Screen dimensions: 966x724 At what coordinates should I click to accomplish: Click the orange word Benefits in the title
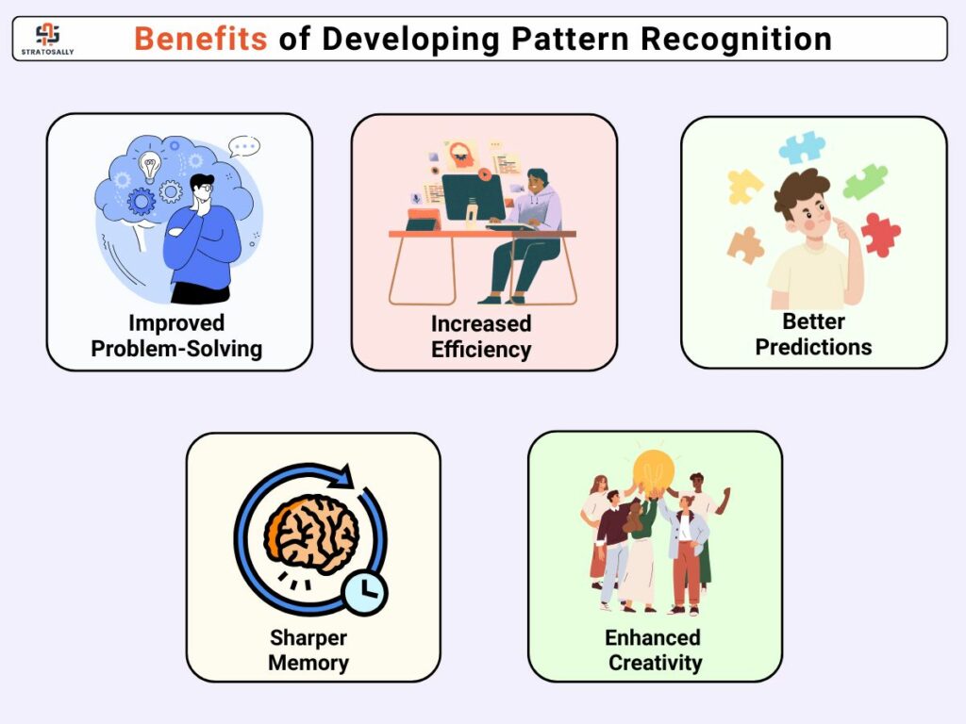tap(200, 39)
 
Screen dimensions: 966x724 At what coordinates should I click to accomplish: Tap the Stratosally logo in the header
tap(47, 39)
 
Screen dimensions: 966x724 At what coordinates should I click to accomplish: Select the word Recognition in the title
tap(736, 40)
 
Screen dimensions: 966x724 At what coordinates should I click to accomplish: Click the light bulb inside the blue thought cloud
tap(149, 166)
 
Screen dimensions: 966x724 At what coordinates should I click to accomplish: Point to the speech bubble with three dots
tap(244, 146)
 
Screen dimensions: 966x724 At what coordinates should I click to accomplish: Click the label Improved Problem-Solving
tap(176, 336)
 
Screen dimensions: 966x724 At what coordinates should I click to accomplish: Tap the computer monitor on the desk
tap(474, 198)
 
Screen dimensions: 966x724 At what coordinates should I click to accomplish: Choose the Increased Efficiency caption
tap(481, 337)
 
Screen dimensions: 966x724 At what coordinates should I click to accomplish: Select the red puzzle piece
tap(880, 234)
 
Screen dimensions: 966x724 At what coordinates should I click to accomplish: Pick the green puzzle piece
tap(866, 182)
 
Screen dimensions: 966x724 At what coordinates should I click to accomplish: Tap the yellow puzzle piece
tap(744, 187)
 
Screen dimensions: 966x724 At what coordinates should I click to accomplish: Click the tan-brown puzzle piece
tap(745, 245)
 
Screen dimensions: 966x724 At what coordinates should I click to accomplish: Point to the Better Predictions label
tap(814, 335)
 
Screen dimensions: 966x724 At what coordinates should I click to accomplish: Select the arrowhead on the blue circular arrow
tap(341, 476)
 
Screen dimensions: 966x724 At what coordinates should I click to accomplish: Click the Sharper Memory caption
tap(308, 650)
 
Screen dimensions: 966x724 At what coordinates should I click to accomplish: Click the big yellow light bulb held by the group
tap(655, 471)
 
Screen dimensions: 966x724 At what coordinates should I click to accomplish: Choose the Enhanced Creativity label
tap(655, 650)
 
